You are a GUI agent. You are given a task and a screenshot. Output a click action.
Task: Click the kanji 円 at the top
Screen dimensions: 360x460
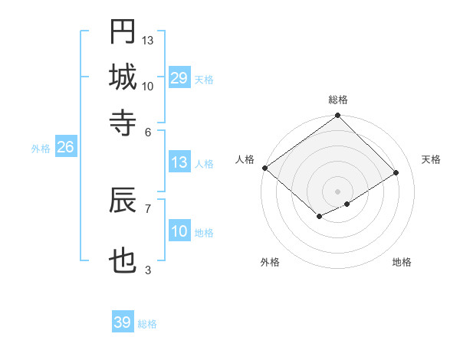(123, 32)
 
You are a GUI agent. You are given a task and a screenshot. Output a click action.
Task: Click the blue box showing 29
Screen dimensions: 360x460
(179, 78)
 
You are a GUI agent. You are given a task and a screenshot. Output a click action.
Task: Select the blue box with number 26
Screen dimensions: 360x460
(65, 147)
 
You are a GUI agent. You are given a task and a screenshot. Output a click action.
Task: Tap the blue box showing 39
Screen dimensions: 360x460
(123, 322)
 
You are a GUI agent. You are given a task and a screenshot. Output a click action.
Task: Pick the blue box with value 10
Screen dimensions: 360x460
(179, 231)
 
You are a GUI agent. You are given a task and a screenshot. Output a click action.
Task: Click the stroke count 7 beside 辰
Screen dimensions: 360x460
(148, 208)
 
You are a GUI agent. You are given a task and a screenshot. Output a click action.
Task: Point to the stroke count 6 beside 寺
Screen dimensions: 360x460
(148, 131)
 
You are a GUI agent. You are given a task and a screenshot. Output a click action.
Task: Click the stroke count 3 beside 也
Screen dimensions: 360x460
(148, 270)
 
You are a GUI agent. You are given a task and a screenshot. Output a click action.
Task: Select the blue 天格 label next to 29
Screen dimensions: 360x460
(204, 80)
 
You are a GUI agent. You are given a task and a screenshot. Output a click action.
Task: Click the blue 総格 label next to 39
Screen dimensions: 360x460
(147, 324)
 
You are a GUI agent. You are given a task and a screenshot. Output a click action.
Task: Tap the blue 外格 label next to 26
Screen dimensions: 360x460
(41, 149)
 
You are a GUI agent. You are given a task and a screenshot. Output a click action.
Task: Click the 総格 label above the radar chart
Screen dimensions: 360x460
(338, 100)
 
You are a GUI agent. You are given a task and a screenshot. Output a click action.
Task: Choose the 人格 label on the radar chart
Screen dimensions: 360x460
(245, 159)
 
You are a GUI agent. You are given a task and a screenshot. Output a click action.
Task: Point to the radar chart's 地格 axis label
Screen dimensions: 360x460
(402, 263)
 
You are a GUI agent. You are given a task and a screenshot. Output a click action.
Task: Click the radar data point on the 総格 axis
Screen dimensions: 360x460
(338, 116)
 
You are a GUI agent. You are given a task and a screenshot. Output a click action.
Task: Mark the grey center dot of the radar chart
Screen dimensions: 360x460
(338, 191)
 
